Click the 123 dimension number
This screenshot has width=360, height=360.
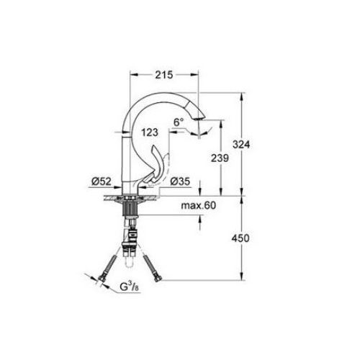click(x=150, y=132)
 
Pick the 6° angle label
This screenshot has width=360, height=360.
click(x=179, y=123)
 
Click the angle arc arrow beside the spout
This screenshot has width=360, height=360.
click(x=207, y=128)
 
